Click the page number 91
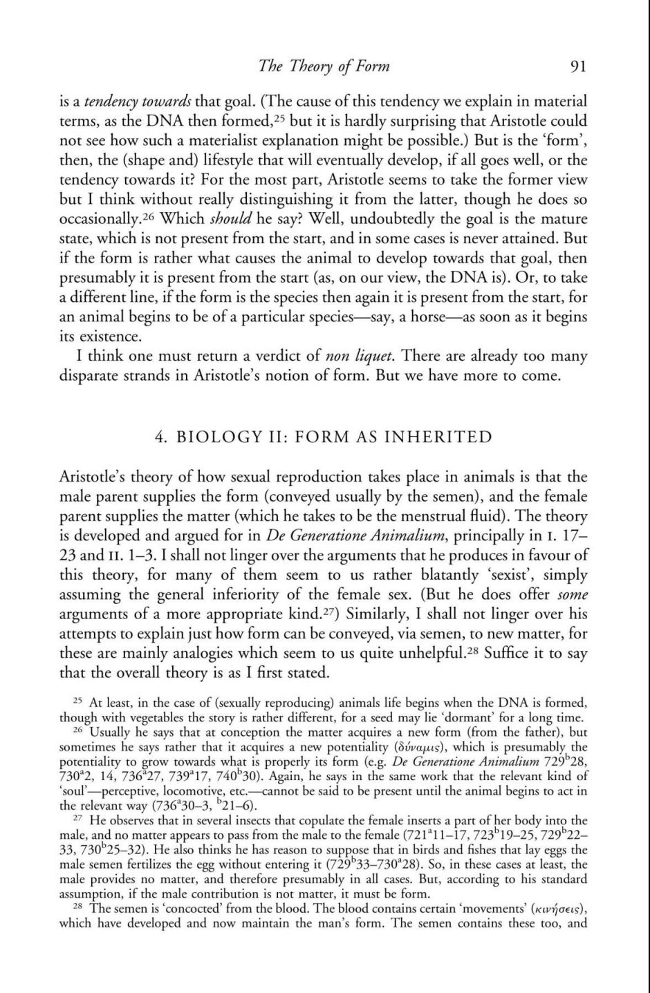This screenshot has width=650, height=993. pos(577,67)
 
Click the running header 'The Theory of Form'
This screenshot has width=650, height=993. pos(324,66)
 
